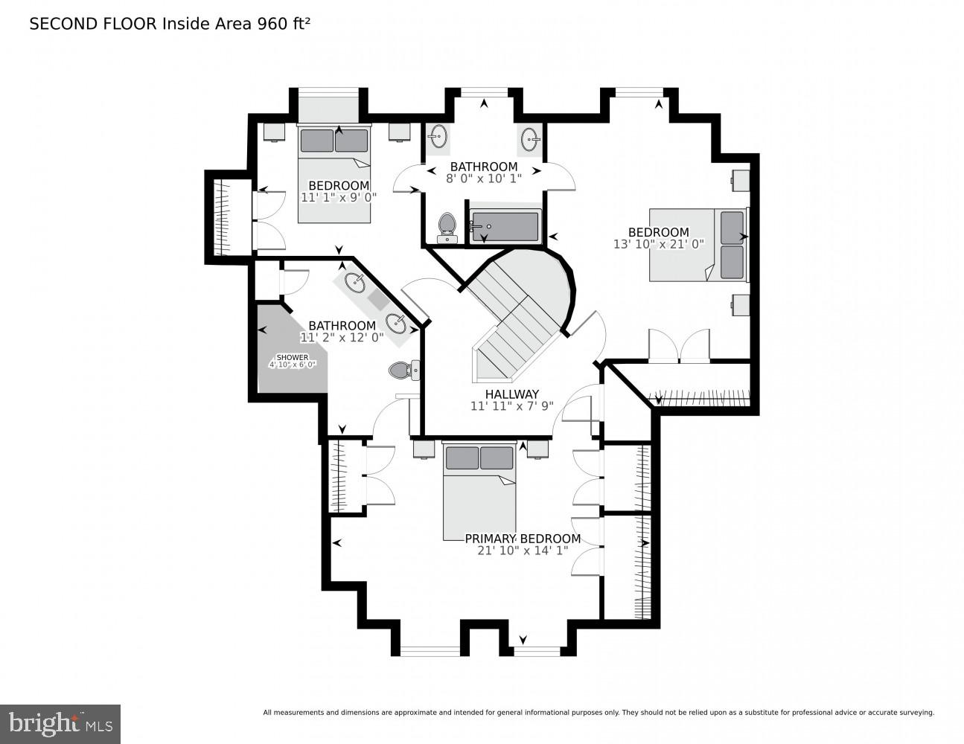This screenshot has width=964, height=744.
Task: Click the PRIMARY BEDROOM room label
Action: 523,539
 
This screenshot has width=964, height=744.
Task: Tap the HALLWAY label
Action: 512,394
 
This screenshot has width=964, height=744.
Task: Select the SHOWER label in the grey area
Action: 293,357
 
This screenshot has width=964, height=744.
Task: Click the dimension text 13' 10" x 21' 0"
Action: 659,244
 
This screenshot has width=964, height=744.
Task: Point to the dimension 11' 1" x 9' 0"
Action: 339,197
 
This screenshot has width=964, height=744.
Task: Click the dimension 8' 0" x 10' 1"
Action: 484,179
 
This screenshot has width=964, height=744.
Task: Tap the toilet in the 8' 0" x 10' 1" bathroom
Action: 447,228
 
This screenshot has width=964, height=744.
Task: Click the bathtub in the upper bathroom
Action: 505,226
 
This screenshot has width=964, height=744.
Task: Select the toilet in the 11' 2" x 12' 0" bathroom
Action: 404,370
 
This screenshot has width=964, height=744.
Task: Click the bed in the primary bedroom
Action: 479,491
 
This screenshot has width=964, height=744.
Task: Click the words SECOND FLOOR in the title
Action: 93,24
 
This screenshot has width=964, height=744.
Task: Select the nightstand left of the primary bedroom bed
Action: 424,449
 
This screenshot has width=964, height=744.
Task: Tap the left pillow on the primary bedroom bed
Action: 462,458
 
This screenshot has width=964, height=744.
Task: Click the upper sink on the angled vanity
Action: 355,283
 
